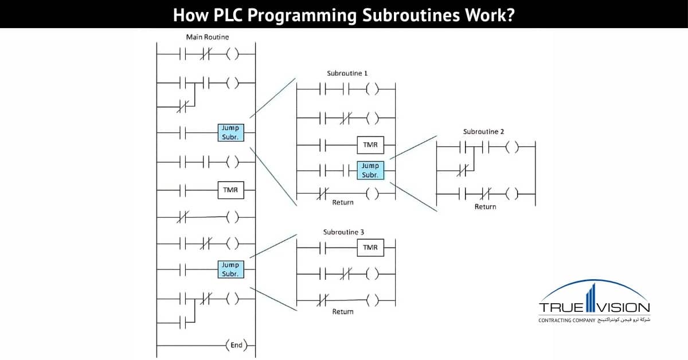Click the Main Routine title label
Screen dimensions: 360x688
[207, 37]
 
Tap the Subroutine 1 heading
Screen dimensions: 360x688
[347, 73]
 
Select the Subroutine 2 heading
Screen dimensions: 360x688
[483, 132]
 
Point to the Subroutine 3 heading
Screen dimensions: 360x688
[343, 232]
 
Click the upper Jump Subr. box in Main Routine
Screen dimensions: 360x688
[230, 132]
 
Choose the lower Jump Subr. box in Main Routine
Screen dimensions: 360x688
[230, 269]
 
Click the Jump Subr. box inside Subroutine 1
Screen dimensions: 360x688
[370, 170]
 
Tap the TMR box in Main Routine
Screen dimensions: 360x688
[230, 190]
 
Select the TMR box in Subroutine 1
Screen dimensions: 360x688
[370, 145]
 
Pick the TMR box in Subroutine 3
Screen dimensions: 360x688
[370, 247]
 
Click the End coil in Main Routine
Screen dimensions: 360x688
[236, 345]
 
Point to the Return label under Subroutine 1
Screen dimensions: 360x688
[343, 202]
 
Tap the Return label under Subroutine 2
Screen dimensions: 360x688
[485, 206]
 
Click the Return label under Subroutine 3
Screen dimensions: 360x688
[343, 312]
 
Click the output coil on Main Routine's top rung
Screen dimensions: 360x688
[232, 55]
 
